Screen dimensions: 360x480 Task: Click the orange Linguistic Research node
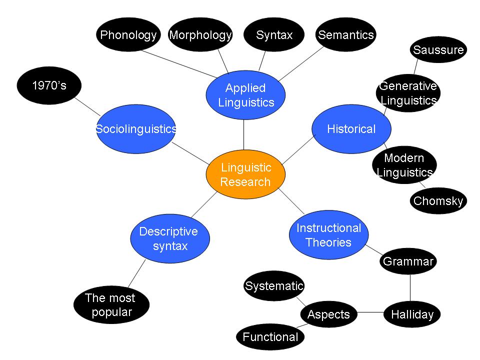(245, 175)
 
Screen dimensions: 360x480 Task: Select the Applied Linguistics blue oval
(245, 95)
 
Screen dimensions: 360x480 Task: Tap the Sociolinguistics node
(136, 129)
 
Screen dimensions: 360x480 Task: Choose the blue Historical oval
(351, 129)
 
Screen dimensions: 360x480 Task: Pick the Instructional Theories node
(328, 235)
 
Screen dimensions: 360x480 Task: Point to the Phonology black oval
(128, 35)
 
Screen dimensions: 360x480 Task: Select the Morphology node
(200, 35)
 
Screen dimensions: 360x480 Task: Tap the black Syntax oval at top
(274, 35)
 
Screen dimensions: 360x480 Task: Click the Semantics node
(346, 35)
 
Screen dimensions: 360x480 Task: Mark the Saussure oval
(438, 50)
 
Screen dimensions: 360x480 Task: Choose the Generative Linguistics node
(408, 93)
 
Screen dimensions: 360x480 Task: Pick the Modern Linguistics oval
(404, 165)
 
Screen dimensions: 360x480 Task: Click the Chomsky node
(438, 201)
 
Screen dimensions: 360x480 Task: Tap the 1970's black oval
(49, 85)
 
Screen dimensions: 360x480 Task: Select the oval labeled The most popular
(110, 305)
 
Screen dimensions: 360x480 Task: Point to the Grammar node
(408, 261)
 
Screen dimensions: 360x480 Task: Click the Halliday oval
(412, 314)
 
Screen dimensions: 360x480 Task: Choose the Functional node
(270, 337)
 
